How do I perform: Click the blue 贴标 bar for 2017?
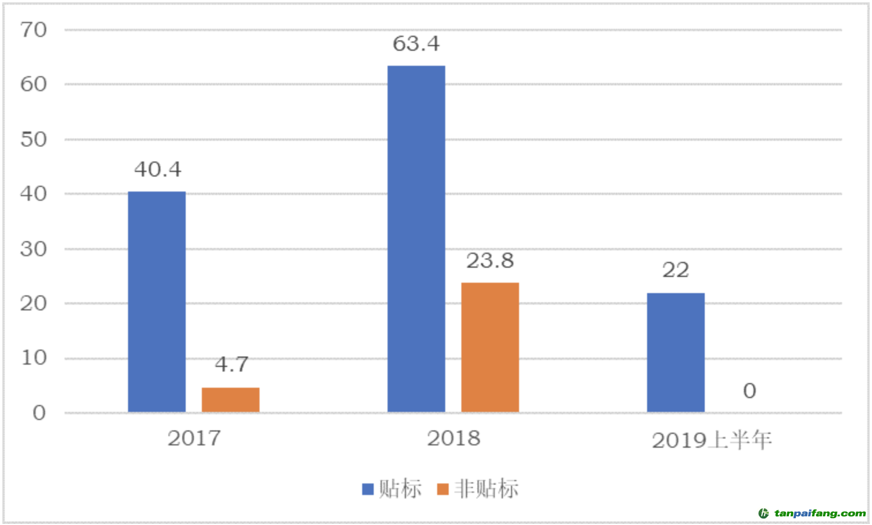157,302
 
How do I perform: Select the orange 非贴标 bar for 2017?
231,400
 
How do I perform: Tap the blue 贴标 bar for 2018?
416,239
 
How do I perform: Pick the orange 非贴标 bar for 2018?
490,347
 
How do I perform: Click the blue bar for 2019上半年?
675,352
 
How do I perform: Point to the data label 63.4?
416,44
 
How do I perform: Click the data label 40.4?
157,170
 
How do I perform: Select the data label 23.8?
490,261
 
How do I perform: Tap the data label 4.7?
231,364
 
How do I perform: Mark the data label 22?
675,270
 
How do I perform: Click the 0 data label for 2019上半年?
749,391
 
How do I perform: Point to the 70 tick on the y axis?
33,30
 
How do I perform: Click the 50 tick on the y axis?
33,140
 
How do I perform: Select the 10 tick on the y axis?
33,358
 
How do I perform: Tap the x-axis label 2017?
194,438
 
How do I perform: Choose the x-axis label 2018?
453,438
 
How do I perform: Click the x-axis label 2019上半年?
712,441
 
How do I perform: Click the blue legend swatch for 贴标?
367,489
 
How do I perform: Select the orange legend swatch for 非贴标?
442,489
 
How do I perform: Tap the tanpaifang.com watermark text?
820,513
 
